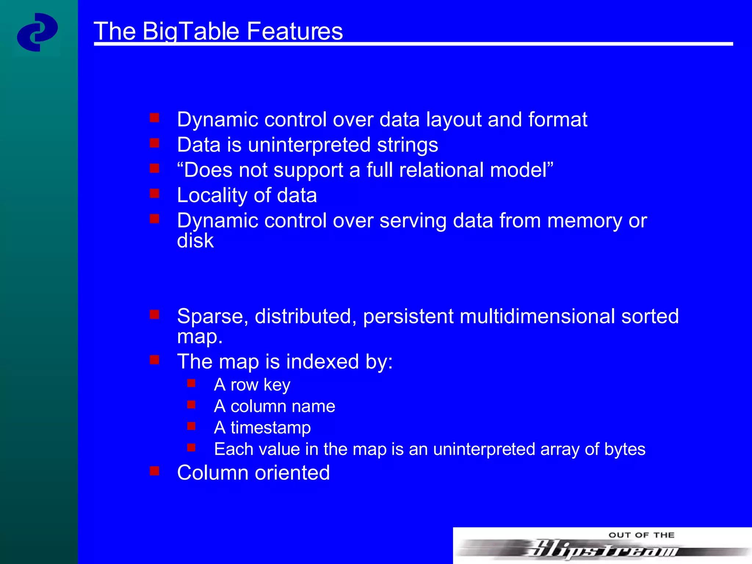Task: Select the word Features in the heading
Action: pyautogui.click(x=294, y=31)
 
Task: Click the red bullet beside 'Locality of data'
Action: pyautogui.click(x=155, y=193)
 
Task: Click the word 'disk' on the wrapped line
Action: pyautogui.click(x=195, y=241)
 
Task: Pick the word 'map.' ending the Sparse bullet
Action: pyautogui.click(x=200, y=337)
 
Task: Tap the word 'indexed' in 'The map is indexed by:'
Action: pyautogui.click(x=322, y=362)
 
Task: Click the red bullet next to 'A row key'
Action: pyautogui.click(x=191, y=383)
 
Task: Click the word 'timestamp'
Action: pyautogui.click(x=271, y=428)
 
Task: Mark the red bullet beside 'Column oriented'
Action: pyautogui.click(x=155, y=471)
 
